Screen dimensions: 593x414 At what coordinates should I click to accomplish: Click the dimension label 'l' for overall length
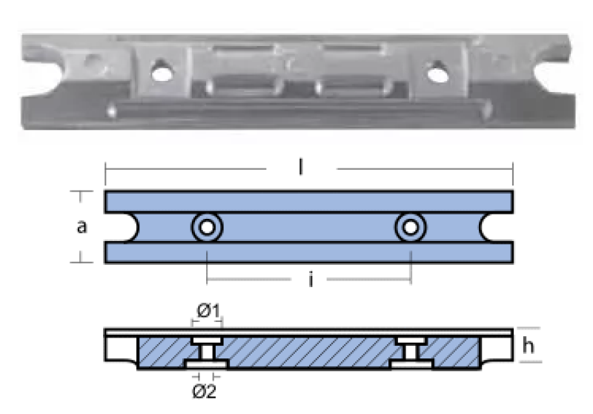301,167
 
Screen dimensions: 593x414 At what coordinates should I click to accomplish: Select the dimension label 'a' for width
82,227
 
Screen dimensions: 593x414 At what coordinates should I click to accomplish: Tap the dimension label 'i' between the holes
311,280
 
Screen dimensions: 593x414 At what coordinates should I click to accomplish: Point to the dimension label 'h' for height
529,345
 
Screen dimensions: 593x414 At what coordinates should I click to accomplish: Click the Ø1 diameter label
208,311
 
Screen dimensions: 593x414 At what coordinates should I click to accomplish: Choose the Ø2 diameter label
205,391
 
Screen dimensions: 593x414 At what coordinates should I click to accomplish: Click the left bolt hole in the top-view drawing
208,228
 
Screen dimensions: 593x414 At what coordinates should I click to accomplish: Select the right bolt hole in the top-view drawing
411,228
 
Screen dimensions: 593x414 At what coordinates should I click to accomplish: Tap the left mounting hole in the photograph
162,70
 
